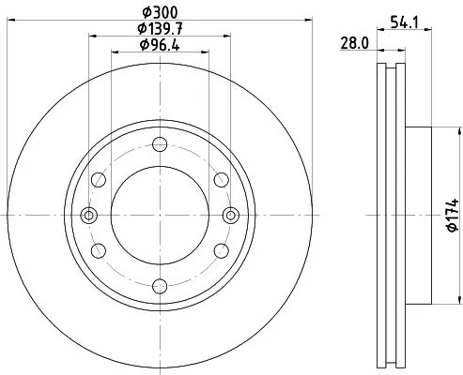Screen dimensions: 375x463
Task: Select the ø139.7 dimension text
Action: pyautogui.click(x=160, y=29)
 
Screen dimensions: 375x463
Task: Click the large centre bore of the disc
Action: pyautogui.click(x=160, y=215)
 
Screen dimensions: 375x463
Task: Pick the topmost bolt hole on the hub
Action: pyautogui.click(x=160, y=144)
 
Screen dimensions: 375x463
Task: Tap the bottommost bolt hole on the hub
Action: pyautogui.click(x=160, y=285)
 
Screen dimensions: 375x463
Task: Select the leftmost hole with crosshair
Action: pyautogui.click(x=89, y=215)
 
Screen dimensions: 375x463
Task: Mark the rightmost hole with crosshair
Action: pyautogui.click(x=230, y=215)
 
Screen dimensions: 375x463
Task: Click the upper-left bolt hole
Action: pyautogui.click(x=100, y=180)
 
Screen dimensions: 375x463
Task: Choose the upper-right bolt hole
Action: pyautogui.click(x=221, y=180)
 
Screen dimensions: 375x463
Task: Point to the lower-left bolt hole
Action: pyautogui.click(x=100, y=250)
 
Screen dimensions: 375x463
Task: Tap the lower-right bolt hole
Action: pyautogui.click(x=221, y=250)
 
